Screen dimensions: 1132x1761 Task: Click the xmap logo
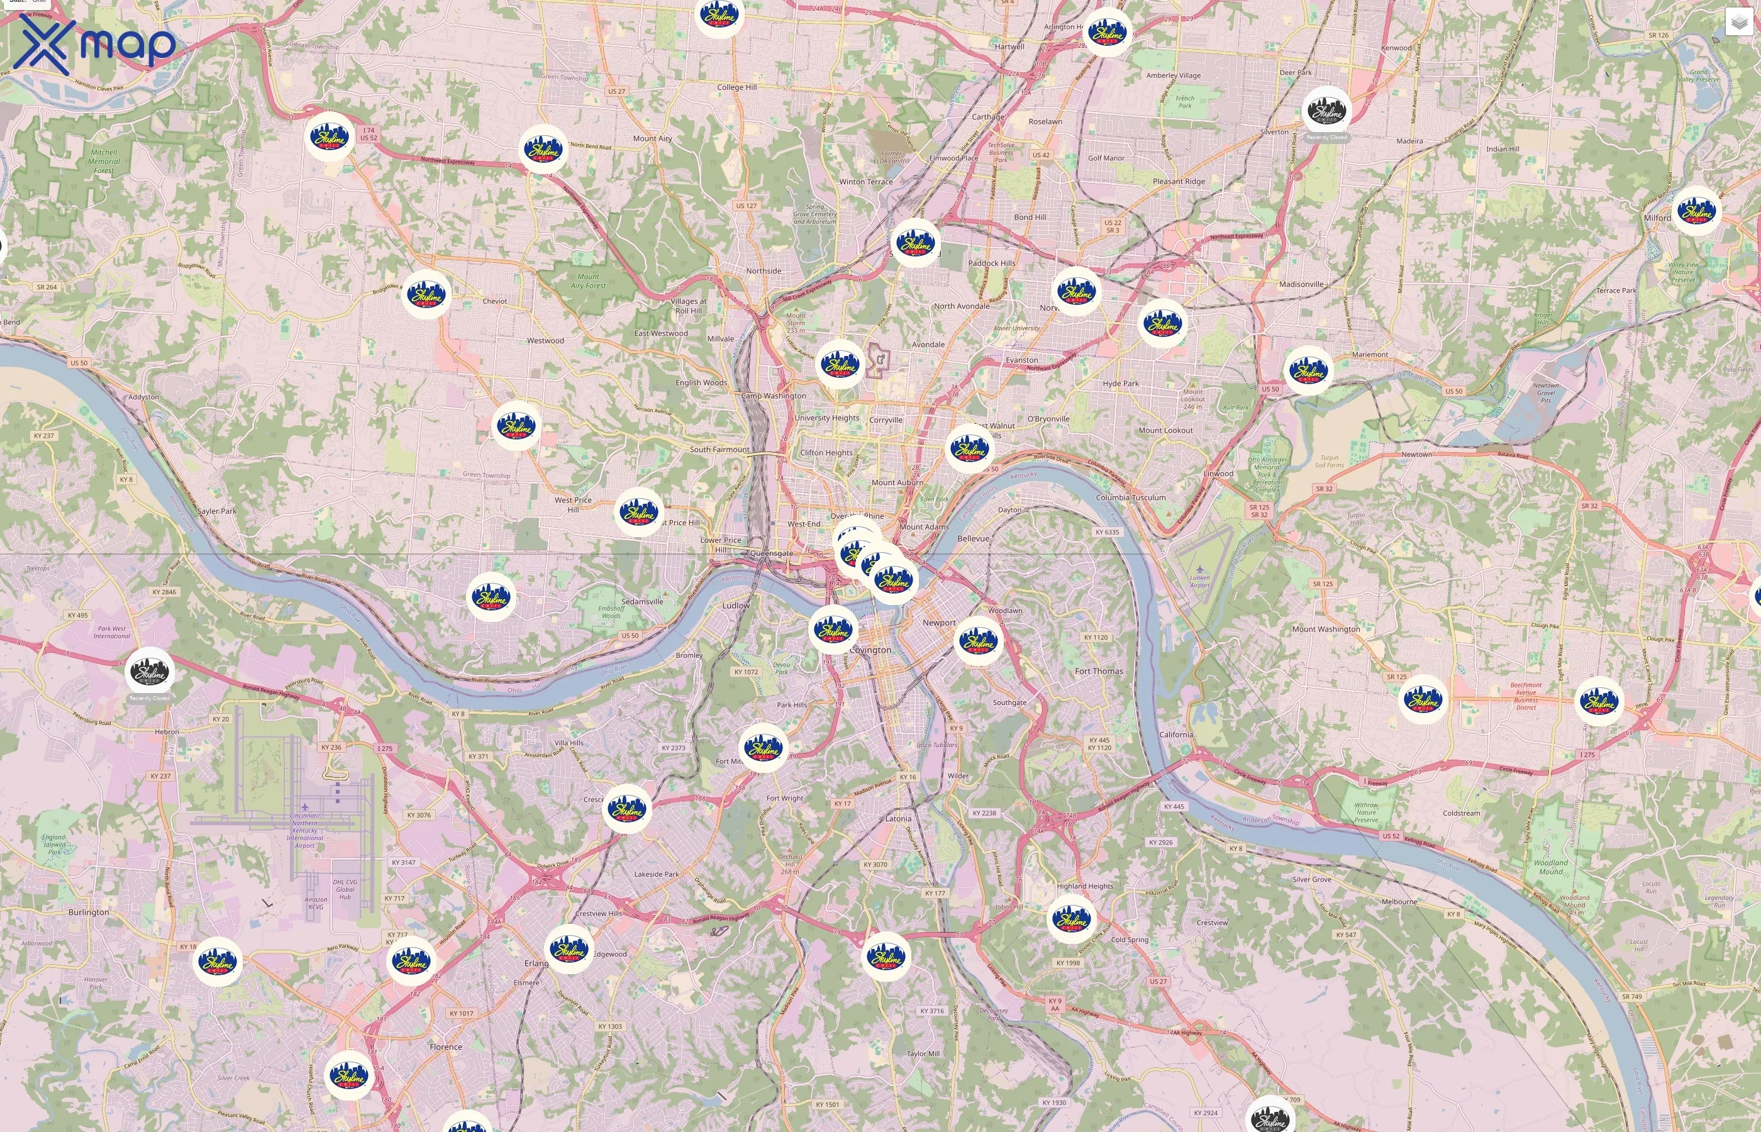click(x=94, y=44)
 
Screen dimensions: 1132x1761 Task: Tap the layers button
click(x=1739, y=22)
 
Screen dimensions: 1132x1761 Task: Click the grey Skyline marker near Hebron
click(x=149, y=671)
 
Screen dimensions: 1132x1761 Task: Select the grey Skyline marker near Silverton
click(x=1326, y=112)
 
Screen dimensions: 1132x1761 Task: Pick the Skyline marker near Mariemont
click(x=1308, y=370)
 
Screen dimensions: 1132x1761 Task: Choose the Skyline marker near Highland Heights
click(x=1071, y=918)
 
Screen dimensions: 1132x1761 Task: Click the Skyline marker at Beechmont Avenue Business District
click(x=1422, y=699)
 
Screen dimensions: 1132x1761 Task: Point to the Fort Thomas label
click(x=1099, y=671)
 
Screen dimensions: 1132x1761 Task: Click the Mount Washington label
click(x=1326, y=630)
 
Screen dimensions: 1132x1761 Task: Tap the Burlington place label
click(x=88, y=913)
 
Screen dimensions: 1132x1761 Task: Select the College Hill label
click(x=736, y=87)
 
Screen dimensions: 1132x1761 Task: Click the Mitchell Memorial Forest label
click(x=104, y=162)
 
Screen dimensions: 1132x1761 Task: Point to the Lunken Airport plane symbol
click(x=1199, y=570)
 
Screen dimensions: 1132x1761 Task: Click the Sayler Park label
click(x=217, y=511)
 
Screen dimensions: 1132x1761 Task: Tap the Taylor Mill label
click(x=923, y=1053)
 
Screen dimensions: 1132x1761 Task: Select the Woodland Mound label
click(x=1551, y=867)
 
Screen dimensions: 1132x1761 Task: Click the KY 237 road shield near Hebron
click(x=160, y=775)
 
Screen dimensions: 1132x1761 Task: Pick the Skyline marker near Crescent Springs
click(x=626, y=809)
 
